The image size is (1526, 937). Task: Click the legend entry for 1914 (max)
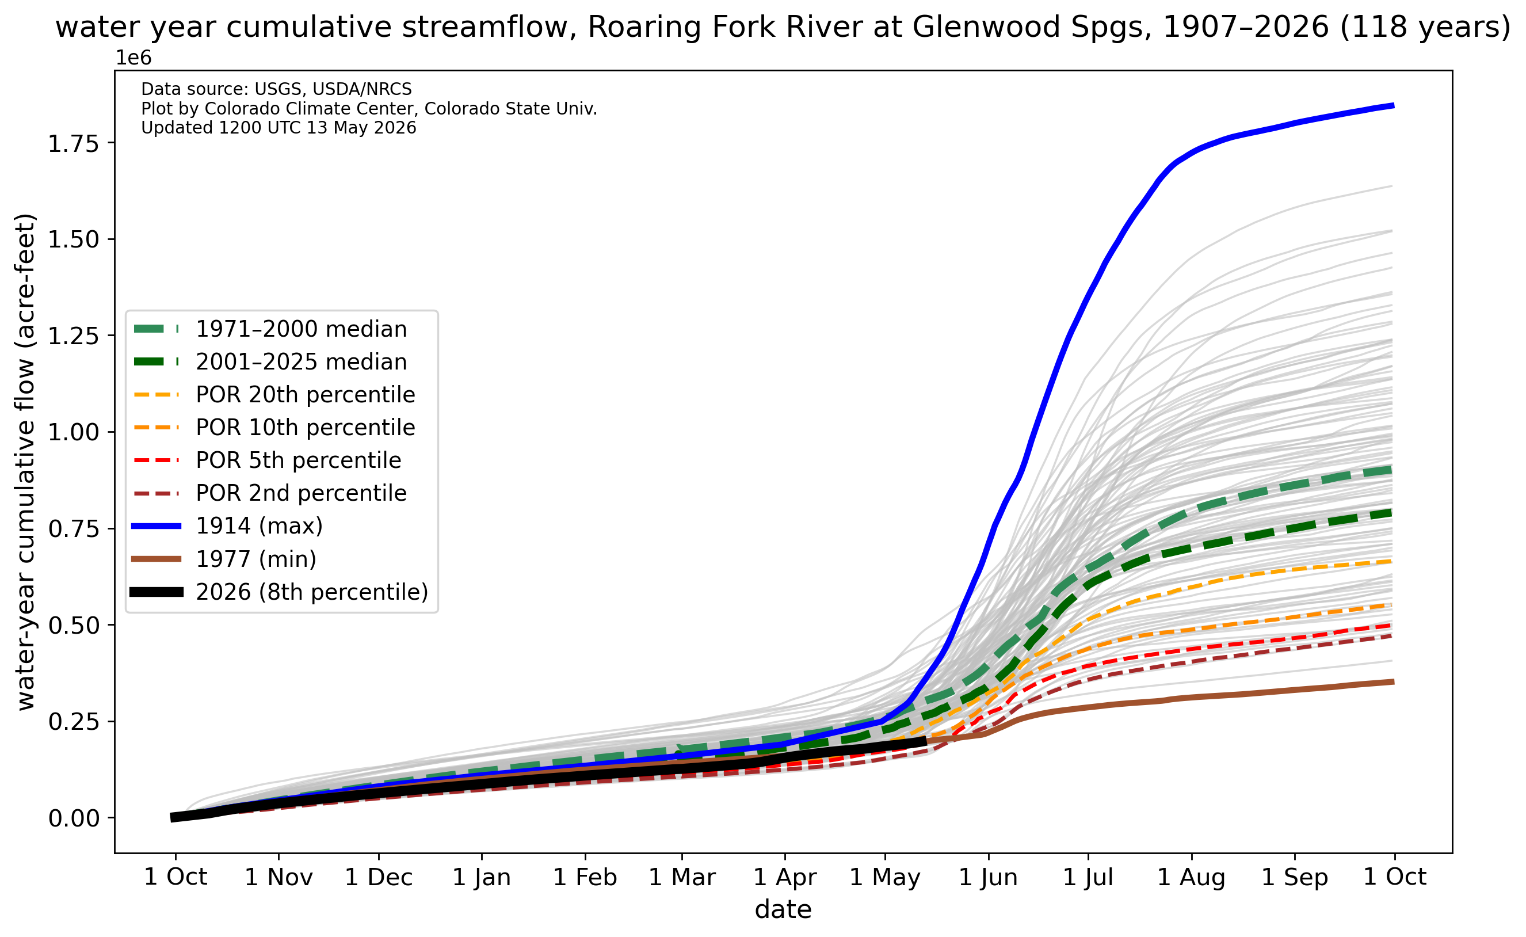[x=260, y=526]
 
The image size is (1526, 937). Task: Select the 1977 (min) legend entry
[x=256, y=559]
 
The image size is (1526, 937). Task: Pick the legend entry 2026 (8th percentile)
[x=312, y=592]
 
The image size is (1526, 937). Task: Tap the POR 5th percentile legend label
[x=299, y=460]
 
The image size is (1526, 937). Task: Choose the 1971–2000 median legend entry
[x=301, y=329]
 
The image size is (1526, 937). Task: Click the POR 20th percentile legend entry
[x=306, y=395]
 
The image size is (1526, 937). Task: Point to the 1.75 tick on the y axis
[x=73, y=144]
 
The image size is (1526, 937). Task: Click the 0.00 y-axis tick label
[x=73, y=818]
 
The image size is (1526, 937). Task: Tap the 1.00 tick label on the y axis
[x=73, y=433]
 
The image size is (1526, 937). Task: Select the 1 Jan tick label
[x=482, y=878]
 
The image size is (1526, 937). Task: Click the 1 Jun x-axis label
[x=988, y=878]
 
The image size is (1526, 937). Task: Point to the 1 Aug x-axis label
[x=1192, y=878]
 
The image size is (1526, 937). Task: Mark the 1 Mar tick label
[x=682, y=878]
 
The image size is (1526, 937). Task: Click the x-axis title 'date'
[x=783, y=910]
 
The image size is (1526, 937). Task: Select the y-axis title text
[x=25, y=462]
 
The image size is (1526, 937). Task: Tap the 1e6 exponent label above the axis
[x=134, y=58]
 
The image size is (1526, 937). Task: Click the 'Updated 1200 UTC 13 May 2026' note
[x=279, y=128]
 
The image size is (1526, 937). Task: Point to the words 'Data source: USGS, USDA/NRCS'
[x=276, y=89]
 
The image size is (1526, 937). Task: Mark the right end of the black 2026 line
[x=926, y=741]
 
